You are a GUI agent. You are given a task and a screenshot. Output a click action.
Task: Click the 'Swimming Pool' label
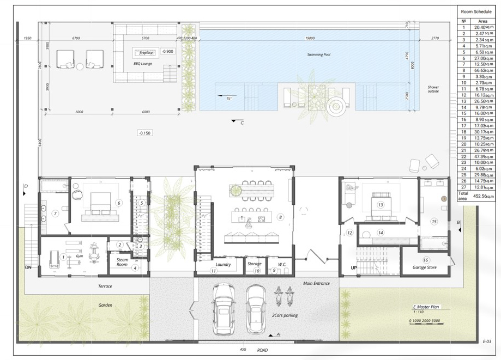pyautogui.click(x=319, y=54)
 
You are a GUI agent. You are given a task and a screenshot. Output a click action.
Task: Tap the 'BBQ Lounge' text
pyautogui.click(x=142, y=64)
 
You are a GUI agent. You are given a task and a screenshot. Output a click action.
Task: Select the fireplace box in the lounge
pyautogui.click(x=147, y=53)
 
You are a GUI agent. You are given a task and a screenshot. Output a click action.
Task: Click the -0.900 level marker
pyautogui.click(x=168, y=51)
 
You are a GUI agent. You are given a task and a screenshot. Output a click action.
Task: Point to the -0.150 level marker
pyautogui.click(x=144, y=133)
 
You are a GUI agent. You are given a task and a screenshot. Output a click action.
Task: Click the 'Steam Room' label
pyautogui.click(x=122, y=262)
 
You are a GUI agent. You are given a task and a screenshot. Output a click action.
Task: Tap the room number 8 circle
pyautogui.click(x=280, y=217)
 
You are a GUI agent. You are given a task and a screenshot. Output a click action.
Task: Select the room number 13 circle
pyautogui.click(x=380, y=205)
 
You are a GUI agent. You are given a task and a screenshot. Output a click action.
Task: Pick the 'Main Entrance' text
pyautogui.click(x=316, y=283)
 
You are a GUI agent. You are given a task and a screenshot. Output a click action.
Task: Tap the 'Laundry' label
pyautogui.click(x=224, y=265)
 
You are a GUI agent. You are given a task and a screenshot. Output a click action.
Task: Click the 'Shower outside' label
pyautogui.click(x=433, y=90)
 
